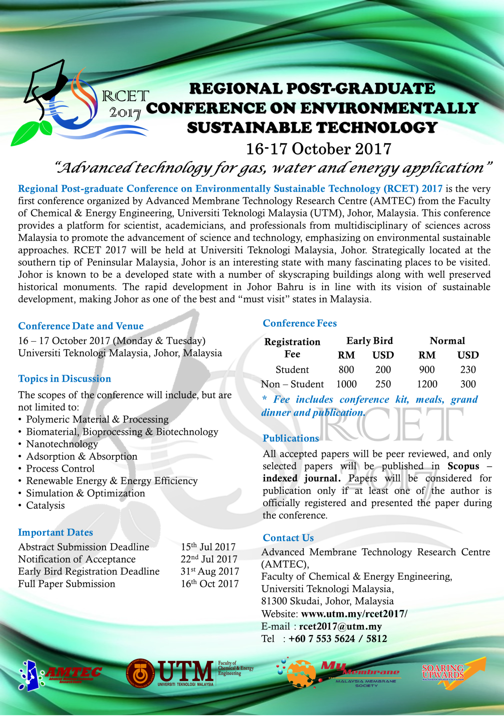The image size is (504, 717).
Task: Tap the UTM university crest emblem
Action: pyautogui.click(x=140, y=674)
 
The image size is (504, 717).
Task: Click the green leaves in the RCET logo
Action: pyautogui.click(x=32, y=131)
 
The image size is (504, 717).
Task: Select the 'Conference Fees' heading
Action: pyautogui.click(x=300, y=323)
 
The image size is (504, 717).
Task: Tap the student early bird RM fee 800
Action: pyautogui.click(x=346, y=370)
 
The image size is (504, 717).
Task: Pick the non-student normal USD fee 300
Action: pyautogui.click(x=468, y=384)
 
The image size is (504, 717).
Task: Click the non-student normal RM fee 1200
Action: pyautogui.click(x=427, y=384)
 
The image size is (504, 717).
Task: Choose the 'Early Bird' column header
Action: pyautogui.click(x=369, y=341)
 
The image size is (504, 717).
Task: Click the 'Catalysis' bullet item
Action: pyautogui.click(x=46, y=506)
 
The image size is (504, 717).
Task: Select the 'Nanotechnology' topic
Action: pyautogui.click(x=62, y=444)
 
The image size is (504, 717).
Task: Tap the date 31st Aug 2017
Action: pyautogui.click(x=210, y=571)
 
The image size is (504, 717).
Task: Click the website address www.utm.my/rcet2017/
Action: pyautogui.click(x=354, y=614)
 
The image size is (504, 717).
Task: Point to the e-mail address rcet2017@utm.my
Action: pyautogui.click(x=340, y=626)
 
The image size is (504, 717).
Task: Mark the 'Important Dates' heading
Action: pyautogui.click(x=55, y=532)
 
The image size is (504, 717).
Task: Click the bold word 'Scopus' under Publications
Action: pyautogui.click(x=463, y=466)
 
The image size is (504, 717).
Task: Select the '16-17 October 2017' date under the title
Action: pyautogui.click(x=318, y=149)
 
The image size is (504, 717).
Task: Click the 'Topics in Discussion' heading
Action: pyautogui.click(x=64, y=379)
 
